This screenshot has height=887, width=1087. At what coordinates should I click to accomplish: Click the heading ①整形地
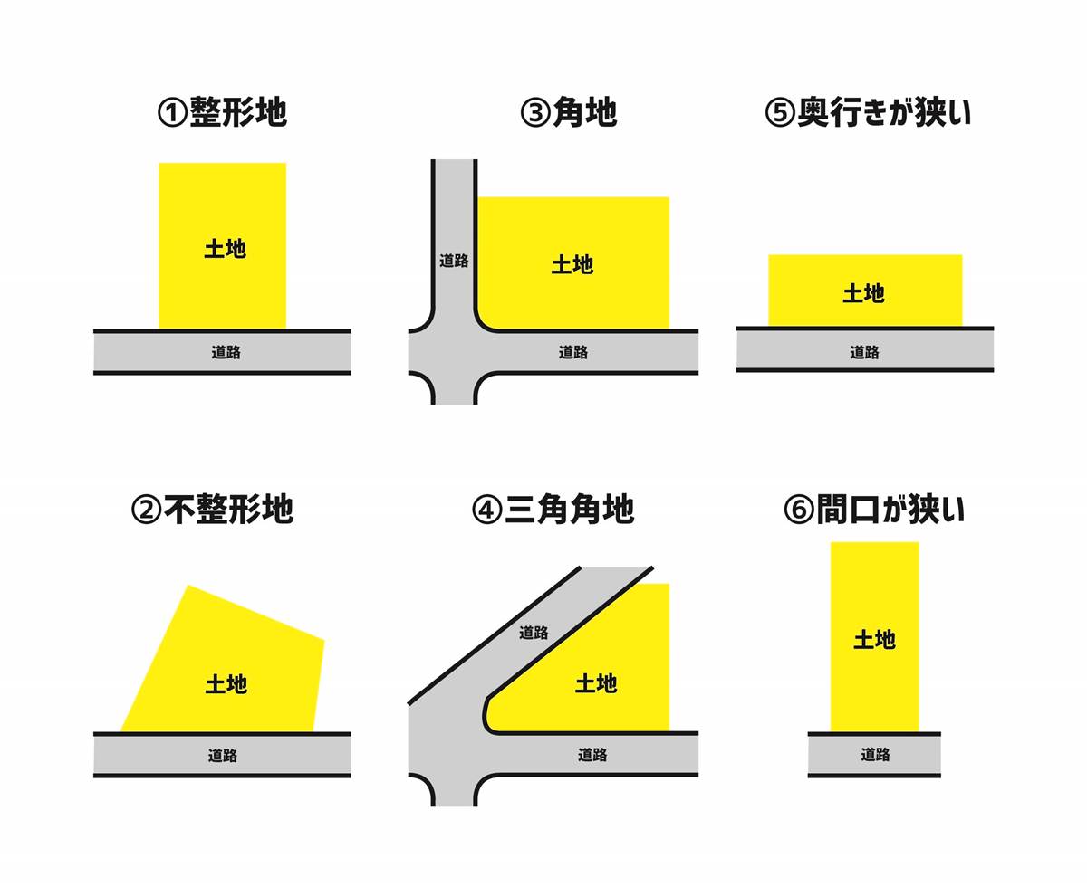click(x=222, y=113)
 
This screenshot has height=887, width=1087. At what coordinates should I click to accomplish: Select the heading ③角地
click(x=569, y=113)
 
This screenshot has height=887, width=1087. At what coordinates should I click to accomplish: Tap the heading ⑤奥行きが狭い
click(x=868, y=113)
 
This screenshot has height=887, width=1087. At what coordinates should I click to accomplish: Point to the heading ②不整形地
click(x=212, y=510)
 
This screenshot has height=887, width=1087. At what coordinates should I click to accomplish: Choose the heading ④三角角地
click(x=553, y=510)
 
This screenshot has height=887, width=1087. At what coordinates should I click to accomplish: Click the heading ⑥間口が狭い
click(x=874, y=510)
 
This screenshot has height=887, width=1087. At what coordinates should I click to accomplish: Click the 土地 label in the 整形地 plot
click(x=225, y=249)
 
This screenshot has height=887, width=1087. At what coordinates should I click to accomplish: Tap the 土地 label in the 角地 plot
click(x=572, y=264)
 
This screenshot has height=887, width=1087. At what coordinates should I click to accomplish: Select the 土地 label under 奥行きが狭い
click(x=863, y=293)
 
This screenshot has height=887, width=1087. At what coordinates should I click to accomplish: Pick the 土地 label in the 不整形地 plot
click(x=226, y=683)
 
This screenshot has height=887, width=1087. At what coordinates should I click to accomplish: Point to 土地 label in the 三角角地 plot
click(x=596, y=683)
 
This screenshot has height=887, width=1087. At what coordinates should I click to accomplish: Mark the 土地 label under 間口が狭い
click(x=874, y=640)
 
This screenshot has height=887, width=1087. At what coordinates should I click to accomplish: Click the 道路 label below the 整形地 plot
click(x=226, y=352)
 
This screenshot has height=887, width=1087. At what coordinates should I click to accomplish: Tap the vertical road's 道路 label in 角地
click(x=454, y=261)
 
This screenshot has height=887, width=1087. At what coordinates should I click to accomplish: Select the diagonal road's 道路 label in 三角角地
click(x=534, y=633)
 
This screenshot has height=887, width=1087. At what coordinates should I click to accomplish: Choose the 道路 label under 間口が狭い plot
click(x=875, y=754)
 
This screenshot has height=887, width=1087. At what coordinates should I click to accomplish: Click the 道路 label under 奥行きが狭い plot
click(x=864, y=352)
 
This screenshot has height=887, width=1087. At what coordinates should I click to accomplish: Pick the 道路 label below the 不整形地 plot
click(x=223, y=754)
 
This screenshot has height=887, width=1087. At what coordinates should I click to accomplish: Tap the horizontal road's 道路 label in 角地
click(x=572, y=352)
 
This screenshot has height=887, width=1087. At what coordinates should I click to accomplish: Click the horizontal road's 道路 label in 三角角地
click(x=592, y=754)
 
